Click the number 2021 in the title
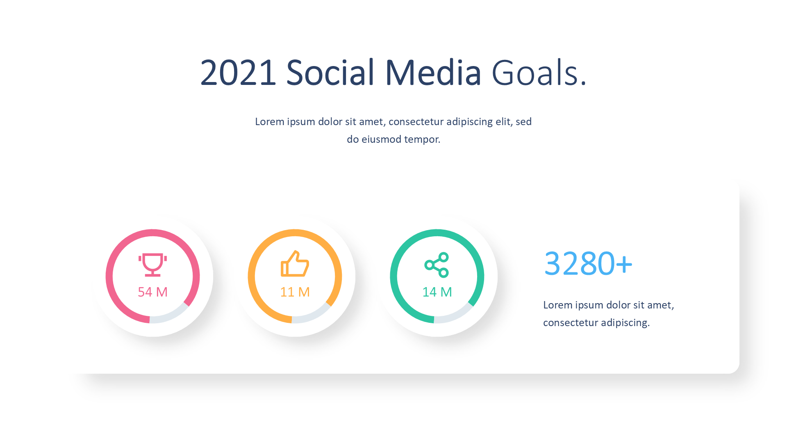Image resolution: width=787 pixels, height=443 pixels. [238, 73]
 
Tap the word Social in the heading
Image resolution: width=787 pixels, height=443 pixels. [330, 73]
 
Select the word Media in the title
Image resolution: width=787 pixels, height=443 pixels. [433, 73]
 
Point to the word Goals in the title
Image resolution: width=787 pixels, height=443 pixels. [535, 73]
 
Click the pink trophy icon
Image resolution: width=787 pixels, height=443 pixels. [152, 265]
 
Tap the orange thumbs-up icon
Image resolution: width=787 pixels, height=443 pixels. [295, 264]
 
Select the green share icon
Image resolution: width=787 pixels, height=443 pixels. [437, 265]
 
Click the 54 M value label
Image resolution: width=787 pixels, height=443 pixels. [152, 292]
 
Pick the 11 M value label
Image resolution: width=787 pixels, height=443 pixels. [295, 292]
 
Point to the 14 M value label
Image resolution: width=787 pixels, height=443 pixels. [437, 292]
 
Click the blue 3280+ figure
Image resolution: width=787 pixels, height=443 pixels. [588, 263]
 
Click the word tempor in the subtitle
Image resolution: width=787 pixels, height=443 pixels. [422, 139]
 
